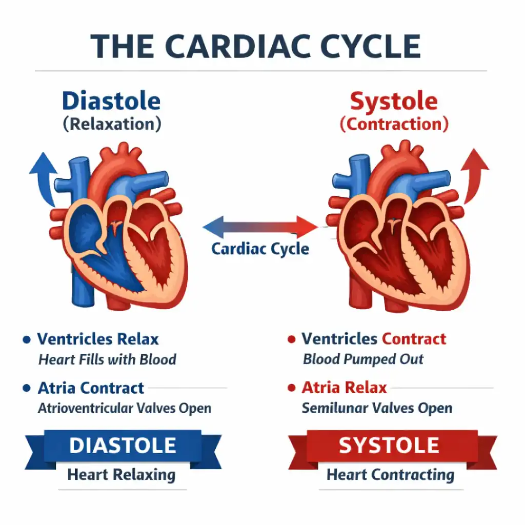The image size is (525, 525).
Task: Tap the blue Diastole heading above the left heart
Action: [111, 101]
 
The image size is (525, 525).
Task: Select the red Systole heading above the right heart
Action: [394, 102]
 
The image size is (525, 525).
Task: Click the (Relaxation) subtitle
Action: [112, 124]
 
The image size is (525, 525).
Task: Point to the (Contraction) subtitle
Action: [394, 124]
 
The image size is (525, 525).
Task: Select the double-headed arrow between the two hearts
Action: [260, 227]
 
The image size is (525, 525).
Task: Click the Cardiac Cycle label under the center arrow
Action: [260, 249]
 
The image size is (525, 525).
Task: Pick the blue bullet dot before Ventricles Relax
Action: [27, 339]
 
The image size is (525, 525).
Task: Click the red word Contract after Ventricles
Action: [414, 339]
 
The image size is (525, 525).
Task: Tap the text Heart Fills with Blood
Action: [107, 359]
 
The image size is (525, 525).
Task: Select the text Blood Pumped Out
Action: [364, 359]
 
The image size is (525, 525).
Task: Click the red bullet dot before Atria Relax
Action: [292, 388]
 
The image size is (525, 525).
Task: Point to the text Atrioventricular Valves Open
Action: [125, 408]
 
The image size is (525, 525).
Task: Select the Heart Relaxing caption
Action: [122, 475]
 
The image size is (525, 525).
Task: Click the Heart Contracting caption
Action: [390, 475]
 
